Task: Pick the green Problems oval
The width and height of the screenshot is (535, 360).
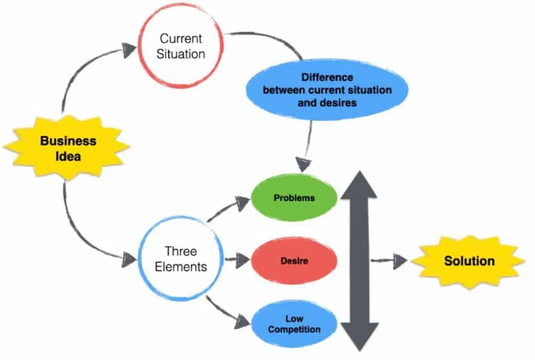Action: tap(294, 199)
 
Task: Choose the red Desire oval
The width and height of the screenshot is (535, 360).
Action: tap(294, 261)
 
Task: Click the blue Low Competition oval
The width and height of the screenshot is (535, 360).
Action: tap(294, 324)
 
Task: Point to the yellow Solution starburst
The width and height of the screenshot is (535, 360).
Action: tap(469, 260)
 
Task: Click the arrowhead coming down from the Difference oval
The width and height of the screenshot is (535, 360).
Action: tap(304, 161)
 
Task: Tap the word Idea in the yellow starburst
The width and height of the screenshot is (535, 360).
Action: tap(67, 155)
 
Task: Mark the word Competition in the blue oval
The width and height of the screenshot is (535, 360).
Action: tap(294, 330)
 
